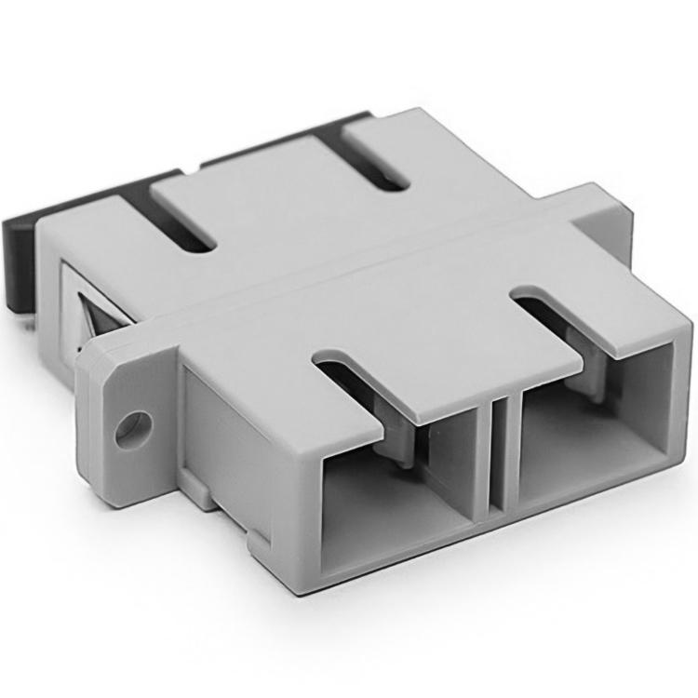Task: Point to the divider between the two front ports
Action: (500, 456)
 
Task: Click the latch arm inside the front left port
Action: (400, 437)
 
